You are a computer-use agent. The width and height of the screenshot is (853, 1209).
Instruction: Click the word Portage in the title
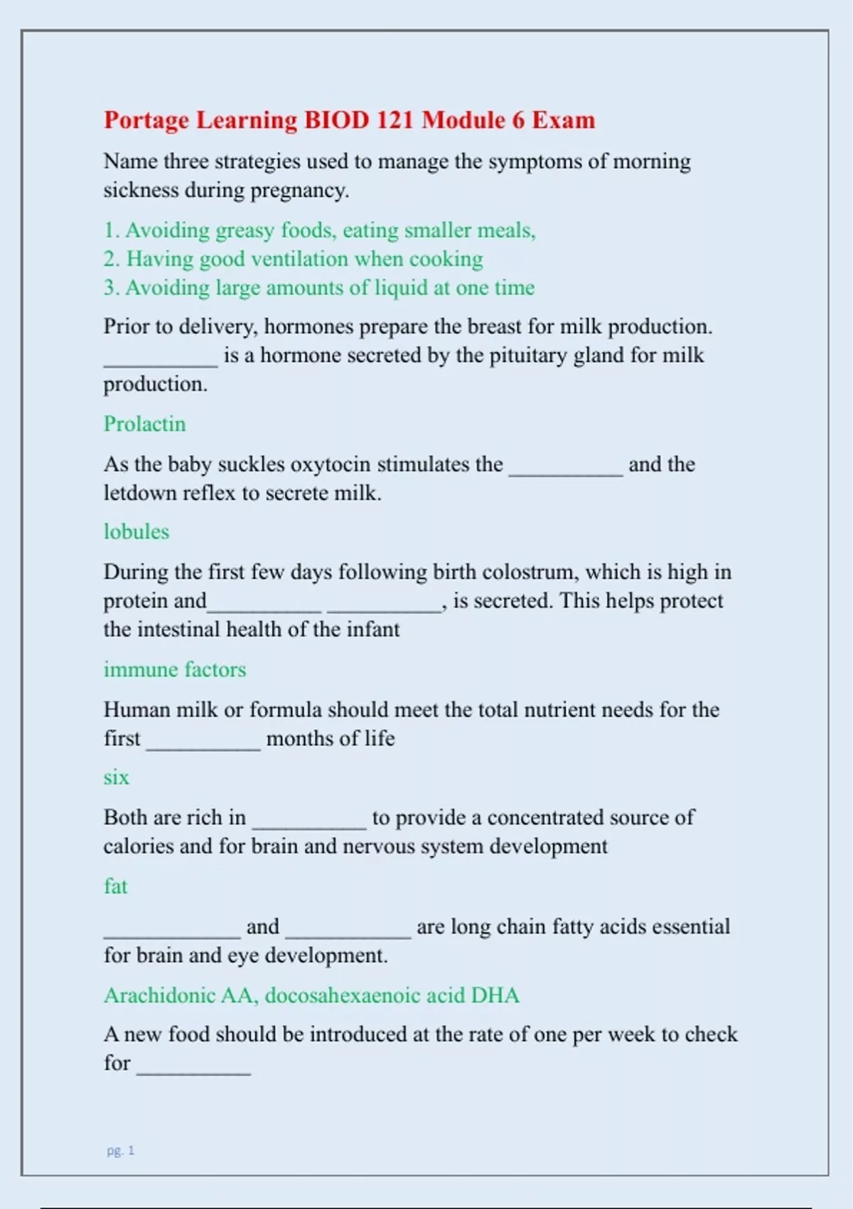pos(146,120)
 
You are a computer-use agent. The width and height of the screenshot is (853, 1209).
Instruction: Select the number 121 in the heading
pos(395,119)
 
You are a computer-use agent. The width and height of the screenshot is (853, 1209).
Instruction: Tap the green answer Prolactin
pos(144,424)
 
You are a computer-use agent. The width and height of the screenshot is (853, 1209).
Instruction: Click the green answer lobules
pos(136,532)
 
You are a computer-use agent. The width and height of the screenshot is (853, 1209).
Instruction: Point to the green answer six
pos(117,777)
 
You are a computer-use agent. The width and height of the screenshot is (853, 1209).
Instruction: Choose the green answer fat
pos(116,886)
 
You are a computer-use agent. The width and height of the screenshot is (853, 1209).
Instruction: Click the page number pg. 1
pos(120,1150)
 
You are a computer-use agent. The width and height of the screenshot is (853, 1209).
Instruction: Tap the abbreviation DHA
pos(495,995)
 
